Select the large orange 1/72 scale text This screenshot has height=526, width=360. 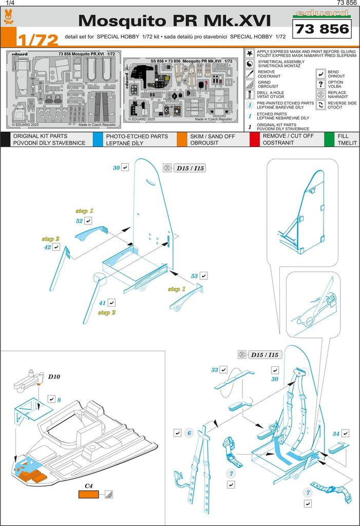coord(36,40)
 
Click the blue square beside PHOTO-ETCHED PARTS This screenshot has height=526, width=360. coord(97,139)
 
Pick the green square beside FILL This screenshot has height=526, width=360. coord(329,139)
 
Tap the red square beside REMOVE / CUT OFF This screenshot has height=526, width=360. coord(254,139)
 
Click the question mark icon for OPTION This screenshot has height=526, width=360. coord(321,83)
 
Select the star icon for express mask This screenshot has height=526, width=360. coord(249,53)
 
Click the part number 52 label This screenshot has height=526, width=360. coord(79,220)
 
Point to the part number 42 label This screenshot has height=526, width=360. coord(47,247)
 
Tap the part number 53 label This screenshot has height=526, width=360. coord(195,276)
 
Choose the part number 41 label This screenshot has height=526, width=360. coord(102,303)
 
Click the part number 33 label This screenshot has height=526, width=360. coord(215,370)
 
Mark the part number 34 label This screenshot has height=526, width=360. coord(336,434)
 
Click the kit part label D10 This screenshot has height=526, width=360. coord(54,377)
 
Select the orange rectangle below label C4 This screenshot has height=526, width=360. coord(89,495)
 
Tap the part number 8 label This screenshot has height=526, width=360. coord(59,399)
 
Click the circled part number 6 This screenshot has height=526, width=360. coord(189,433)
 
